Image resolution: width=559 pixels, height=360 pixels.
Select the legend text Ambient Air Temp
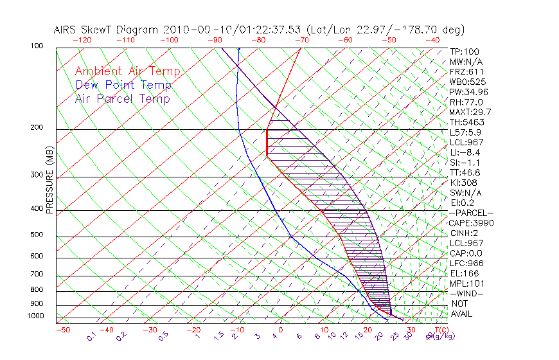coord(127,71)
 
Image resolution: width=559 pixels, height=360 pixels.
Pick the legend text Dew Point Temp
coord(123,85)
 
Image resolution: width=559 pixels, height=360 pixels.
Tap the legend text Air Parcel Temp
coord(122,98)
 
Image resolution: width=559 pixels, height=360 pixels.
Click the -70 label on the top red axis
coord(300,39)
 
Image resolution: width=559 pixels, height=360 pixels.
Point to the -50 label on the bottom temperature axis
coord(62,330)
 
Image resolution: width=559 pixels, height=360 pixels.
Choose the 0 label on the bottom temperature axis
coord(280,330)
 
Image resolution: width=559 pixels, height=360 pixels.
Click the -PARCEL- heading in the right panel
coord(472,213)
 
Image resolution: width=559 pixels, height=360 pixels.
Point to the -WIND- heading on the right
coord(468,293)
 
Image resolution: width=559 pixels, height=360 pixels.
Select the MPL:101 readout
coord(466,283)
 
